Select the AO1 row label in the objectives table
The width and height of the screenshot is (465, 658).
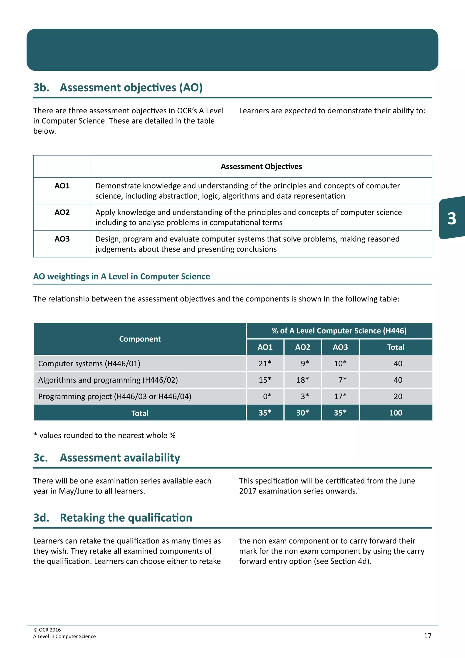pyautogui.click(x=62, y=186)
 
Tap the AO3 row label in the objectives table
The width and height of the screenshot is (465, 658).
pyautogui.click(x=62, y=239)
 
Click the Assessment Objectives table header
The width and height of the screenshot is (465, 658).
pyautogui.click(x=261, y=167)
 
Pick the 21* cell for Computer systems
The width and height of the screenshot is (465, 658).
pyautogui.click(x=265, y=363)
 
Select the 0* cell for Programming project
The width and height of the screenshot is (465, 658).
pyautogui.click(x=267, y=396)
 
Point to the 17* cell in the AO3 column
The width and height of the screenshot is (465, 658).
pyautogui.click(x=340, y=396)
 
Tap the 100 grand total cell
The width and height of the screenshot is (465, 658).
pyautogui.click(x=396, y=413)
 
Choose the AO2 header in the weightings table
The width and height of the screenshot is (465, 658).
pyautogui.click(x=302, y=347)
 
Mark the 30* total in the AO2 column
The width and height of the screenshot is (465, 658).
pyautogui.click(x=302, y=413)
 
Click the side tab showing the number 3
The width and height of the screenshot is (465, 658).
pyautogui.click(x=452, y=218)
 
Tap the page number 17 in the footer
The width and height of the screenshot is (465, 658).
pyautogui.click(x=428, y=636)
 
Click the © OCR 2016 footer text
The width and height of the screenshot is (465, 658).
pyautogui.click(x=47, y=630)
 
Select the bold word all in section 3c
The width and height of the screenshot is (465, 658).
pyautogui.click(x=108, y=491)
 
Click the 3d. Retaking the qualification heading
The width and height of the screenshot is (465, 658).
pyautogui.click(x=113, y=518)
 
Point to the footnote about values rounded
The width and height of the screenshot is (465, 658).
pyautogui.click(x=104, y=435)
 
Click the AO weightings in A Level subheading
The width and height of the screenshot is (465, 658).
pyautogui.click(x=121, y=276)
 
